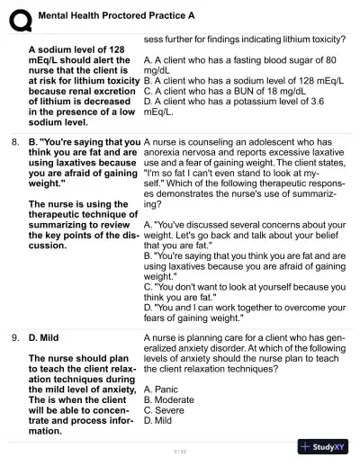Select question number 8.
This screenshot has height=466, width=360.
pos(15,142)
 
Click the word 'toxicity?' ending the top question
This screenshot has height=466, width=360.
pos(323,39)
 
